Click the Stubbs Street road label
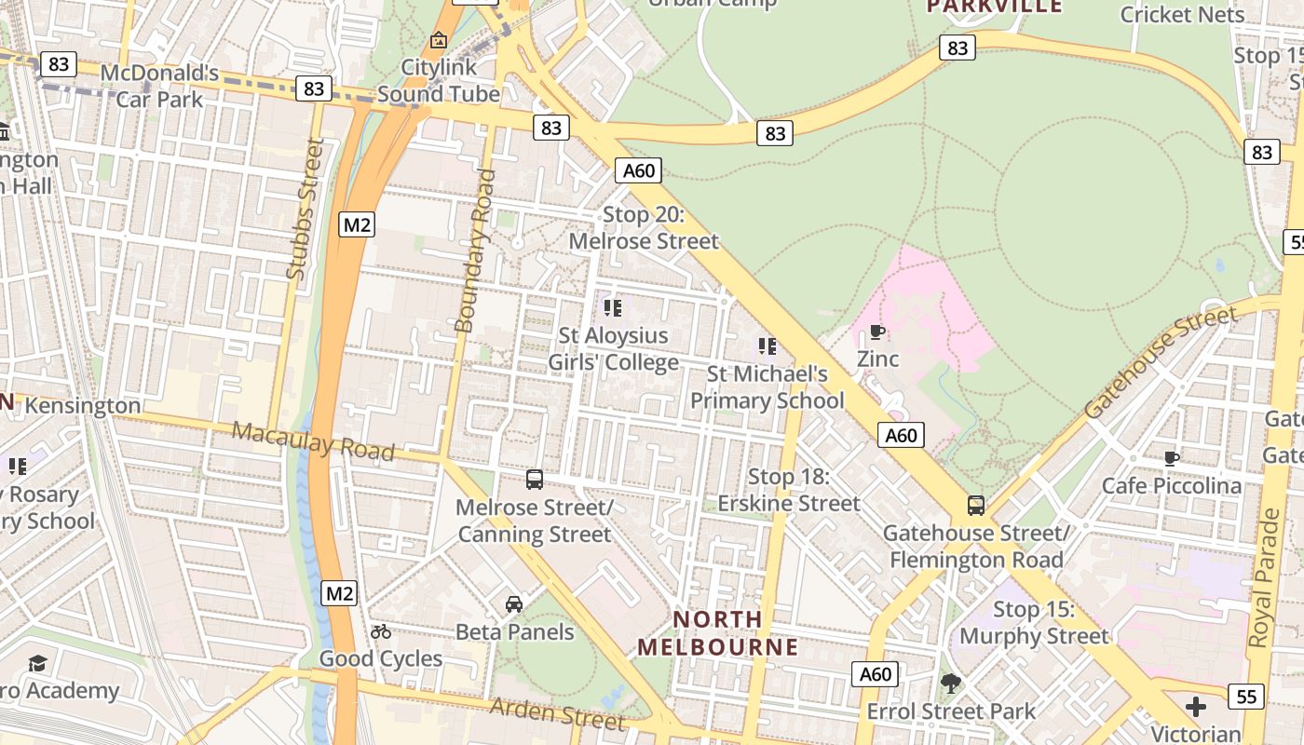(x=308, y=210)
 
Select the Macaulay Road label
(x=313, y=440)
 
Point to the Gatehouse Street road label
(x=1161, y=361)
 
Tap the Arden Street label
(x=557, y=713)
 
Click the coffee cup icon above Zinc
(x=876, y=332)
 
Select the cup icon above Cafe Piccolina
(x=1172, y=458)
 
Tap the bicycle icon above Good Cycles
(x=381, y=631)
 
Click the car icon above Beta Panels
(x=514, y=604)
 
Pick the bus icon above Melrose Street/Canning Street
(x=535, y=480)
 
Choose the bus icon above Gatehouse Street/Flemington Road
(x=976, y=506)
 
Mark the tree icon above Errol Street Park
(x=951, y=684)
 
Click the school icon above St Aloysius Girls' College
(x=612, y=307)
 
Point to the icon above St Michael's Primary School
(x=767, y=346)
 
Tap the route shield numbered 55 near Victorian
(x=1245, y=696)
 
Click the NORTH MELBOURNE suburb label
(x=718, y=633)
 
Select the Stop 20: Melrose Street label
(x=644, y=228)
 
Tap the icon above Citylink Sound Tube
(x=439, y=40)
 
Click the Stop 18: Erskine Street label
(x=789, y=490)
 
